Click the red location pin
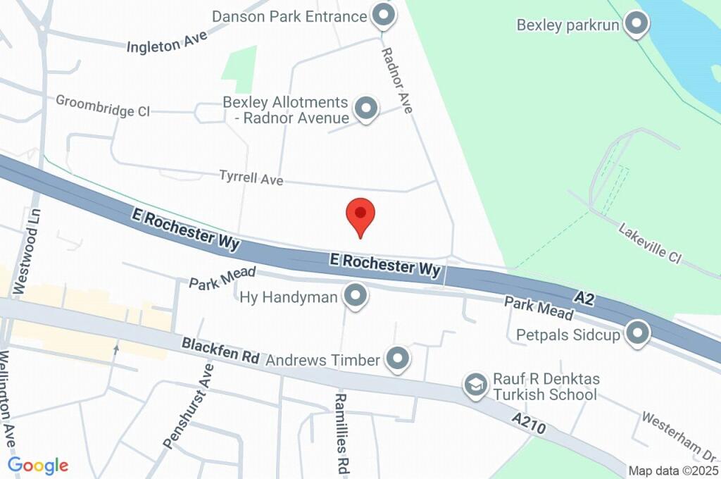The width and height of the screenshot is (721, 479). click(x=360, y=214)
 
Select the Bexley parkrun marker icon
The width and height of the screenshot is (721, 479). click(x=638, y=24)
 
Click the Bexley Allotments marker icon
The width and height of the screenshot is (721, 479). click(x=365, y=109)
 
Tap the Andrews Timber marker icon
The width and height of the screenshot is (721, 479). click(x=399, y=359)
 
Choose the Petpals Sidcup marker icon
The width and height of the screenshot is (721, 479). click(x=638, y=334)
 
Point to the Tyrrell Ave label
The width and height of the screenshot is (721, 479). click(x=251, y=178)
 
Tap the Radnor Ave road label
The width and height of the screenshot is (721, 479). click(x=397, y=81)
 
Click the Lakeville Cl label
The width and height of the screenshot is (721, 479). click(x=650, y=243)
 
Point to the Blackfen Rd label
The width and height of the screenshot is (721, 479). click(x=220, y=350)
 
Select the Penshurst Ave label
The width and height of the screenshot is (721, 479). click(x=187, y=406)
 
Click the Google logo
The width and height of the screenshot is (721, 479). click(x=38, y=465)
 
